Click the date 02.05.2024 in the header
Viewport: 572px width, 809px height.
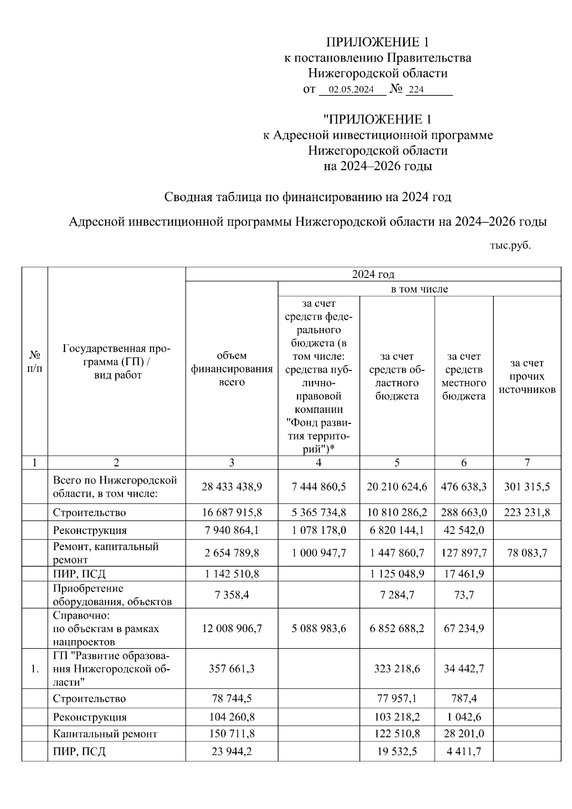[351, 90]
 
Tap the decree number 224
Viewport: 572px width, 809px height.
[416, 90]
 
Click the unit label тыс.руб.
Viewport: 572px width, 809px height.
[510, 246]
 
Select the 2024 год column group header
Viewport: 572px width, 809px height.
[373, 274]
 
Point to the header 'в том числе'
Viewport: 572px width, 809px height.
[419, 289]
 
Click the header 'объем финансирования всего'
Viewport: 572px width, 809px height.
[232, 369]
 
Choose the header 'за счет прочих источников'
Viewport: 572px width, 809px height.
[527, 376]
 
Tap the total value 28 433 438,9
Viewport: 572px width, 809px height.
[232, 487]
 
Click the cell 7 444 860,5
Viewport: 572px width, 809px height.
[318, 487]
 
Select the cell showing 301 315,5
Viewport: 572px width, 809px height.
[527, 487]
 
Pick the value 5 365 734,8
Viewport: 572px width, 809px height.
[318, 513]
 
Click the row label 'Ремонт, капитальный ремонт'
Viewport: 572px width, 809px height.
[105, 553]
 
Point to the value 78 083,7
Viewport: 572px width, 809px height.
[527, 553]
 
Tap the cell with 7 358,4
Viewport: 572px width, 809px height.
[232, 595]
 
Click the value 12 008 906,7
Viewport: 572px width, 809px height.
[232, 629]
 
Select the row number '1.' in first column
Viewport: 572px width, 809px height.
[34, 669]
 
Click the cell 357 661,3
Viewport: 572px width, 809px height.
[232, 669]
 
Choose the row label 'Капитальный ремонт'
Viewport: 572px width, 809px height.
[105, 734]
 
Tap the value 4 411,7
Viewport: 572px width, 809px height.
[464, 752]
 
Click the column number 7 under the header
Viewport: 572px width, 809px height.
[527, 462]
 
